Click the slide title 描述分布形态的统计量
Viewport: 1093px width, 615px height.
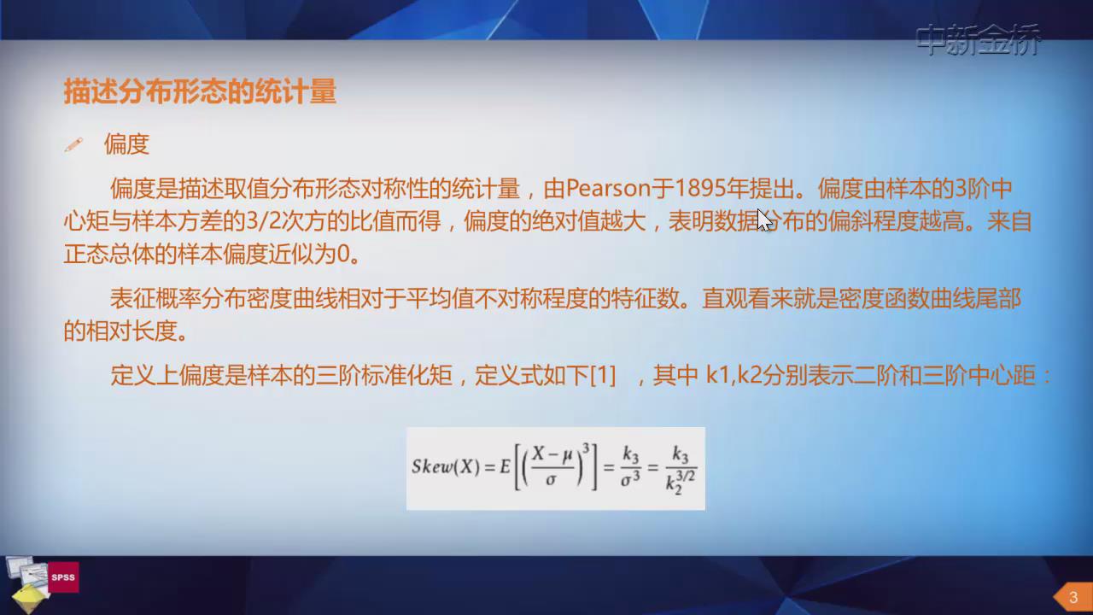[x=200, y=91]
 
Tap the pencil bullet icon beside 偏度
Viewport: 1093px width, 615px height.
[x=73, y=145]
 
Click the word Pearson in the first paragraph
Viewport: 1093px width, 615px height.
[x=609, y=189]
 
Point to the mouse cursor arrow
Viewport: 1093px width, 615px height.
[x=764, y=220]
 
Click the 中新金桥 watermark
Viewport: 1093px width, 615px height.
[x=978, y=39]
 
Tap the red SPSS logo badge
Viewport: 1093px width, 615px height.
[x=63, y=577]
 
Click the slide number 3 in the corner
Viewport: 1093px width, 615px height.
[x=1073, y=597]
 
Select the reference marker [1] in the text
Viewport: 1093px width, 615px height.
[x=603, y=375]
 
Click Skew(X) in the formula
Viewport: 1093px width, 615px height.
[x=446, y=467]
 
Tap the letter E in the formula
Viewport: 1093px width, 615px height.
[x=505, y=467]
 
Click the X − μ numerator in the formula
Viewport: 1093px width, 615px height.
[x=552, y=454]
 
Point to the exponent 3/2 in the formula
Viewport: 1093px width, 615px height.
[x=686, y=476]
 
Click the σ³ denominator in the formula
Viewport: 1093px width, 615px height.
[x=630, y=479]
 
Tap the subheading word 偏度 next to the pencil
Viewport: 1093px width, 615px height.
[x=126, y=144]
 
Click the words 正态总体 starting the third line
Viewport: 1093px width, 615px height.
[x=108, y=254]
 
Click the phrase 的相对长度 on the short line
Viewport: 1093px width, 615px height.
[x=120, y=331]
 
